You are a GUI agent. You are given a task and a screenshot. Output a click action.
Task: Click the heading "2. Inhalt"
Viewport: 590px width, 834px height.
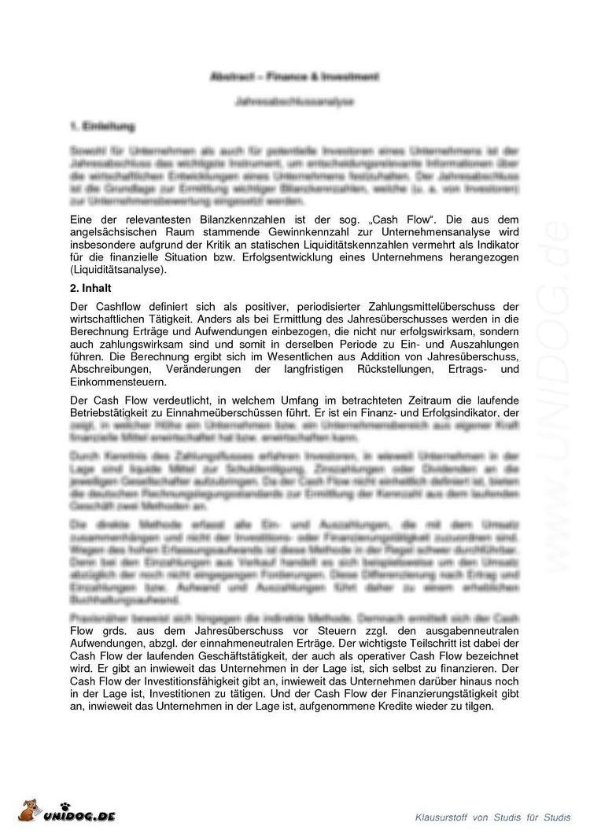(x=93, y=289)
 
